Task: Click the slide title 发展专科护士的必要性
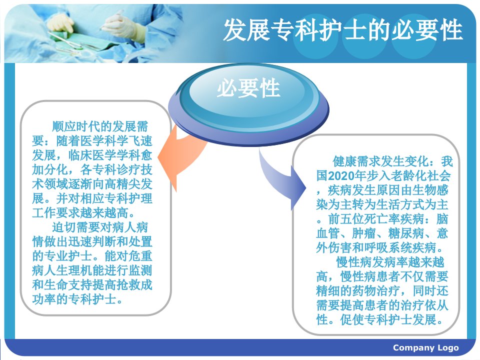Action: tap(343, 29)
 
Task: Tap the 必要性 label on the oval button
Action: tap(248, 88)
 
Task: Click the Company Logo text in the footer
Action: tap(426, 348)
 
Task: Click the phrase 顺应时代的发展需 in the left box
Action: tap(100, 126)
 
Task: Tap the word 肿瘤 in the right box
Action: tap(363, 233)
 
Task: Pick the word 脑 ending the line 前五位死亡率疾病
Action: tap(442, 219)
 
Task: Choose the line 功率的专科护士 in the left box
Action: tap(77, 299)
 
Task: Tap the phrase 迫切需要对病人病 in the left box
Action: tap(100, 227)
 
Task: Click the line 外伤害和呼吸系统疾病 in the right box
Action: tap(380, 248)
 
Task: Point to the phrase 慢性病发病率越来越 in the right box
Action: tap(390, 262)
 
